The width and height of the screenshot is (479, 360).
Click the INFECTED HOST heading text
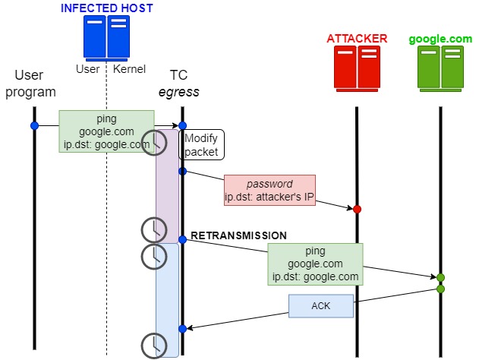coord(106,8)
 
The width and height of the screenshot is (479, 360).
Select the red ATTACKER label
coord(357,38)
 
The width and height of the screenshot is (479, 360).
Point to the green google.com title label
coord(440,38)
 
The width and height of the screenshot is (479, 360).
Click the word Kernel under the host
coord(129,70)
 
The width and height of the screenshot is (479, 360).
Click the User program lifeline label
coord(35,84)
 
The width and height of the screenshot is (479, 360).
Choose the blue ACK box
coord(320,306)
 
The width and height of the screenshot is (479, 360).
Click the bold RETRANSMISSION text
coord(238,235)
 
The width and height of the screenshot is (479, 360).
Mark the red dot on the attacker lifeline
coord(357,208)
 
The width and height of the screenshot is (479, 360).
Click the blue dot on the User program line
coord(34,125)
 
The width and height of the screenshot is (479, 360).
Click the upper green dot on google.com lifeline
coord(440,277)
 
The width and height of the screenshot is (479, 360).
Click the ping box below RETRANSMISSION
coord(315,264)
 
